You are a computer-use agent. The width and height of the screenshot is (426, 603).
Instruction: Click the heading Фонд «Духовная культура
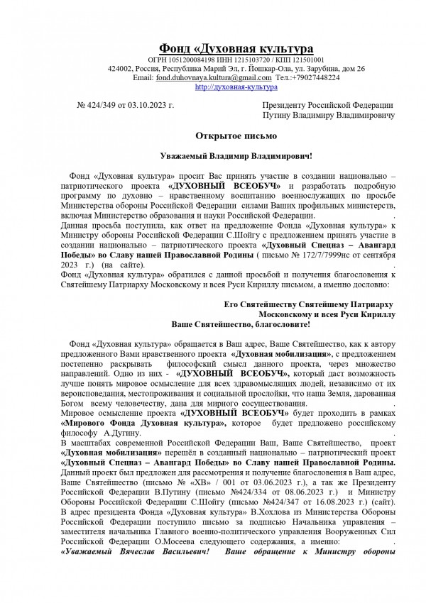click(x=234, y=48)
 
